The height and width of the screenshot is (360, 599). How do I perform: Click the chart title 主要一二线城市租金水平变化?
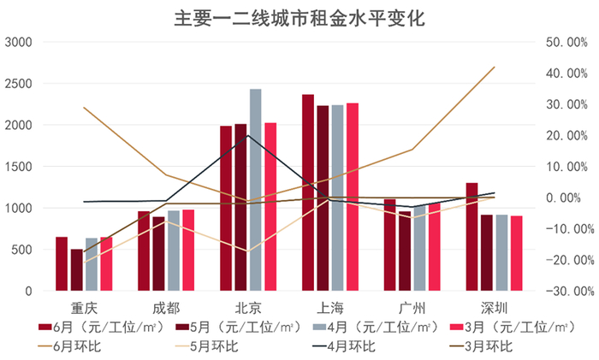pos(299,17)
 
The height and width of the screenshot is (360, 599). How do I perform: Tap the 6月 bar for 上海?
pos(308,192)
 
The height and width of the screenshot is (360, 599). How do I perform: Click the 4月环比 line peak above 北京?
pos(248,135)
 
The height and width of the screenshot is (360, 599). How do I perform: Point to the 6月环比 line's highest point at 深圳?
pos(494,67)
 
